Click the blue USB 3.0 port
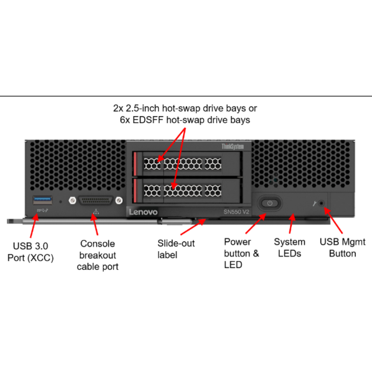(x=42, y=200)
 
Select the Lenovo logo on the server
(x=143, y=212)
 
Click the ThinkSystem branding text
(x=232, y=146)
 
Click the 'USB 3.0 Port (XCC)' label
(x=31, y=251)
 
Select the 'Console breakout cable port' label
(x=98, y=255)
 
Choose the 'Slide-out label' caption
(x=176, y=249)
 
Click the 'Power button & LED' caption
(x=241, y=253)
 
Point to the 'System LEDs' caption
(x=289, y=247)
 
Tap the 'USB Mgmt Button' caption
(x=342, y=247)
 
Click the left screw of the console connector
(x=72, y=200)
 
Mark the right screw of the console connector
(x=120, y=200)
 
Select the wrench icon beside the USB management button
(x=315, y=203)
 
